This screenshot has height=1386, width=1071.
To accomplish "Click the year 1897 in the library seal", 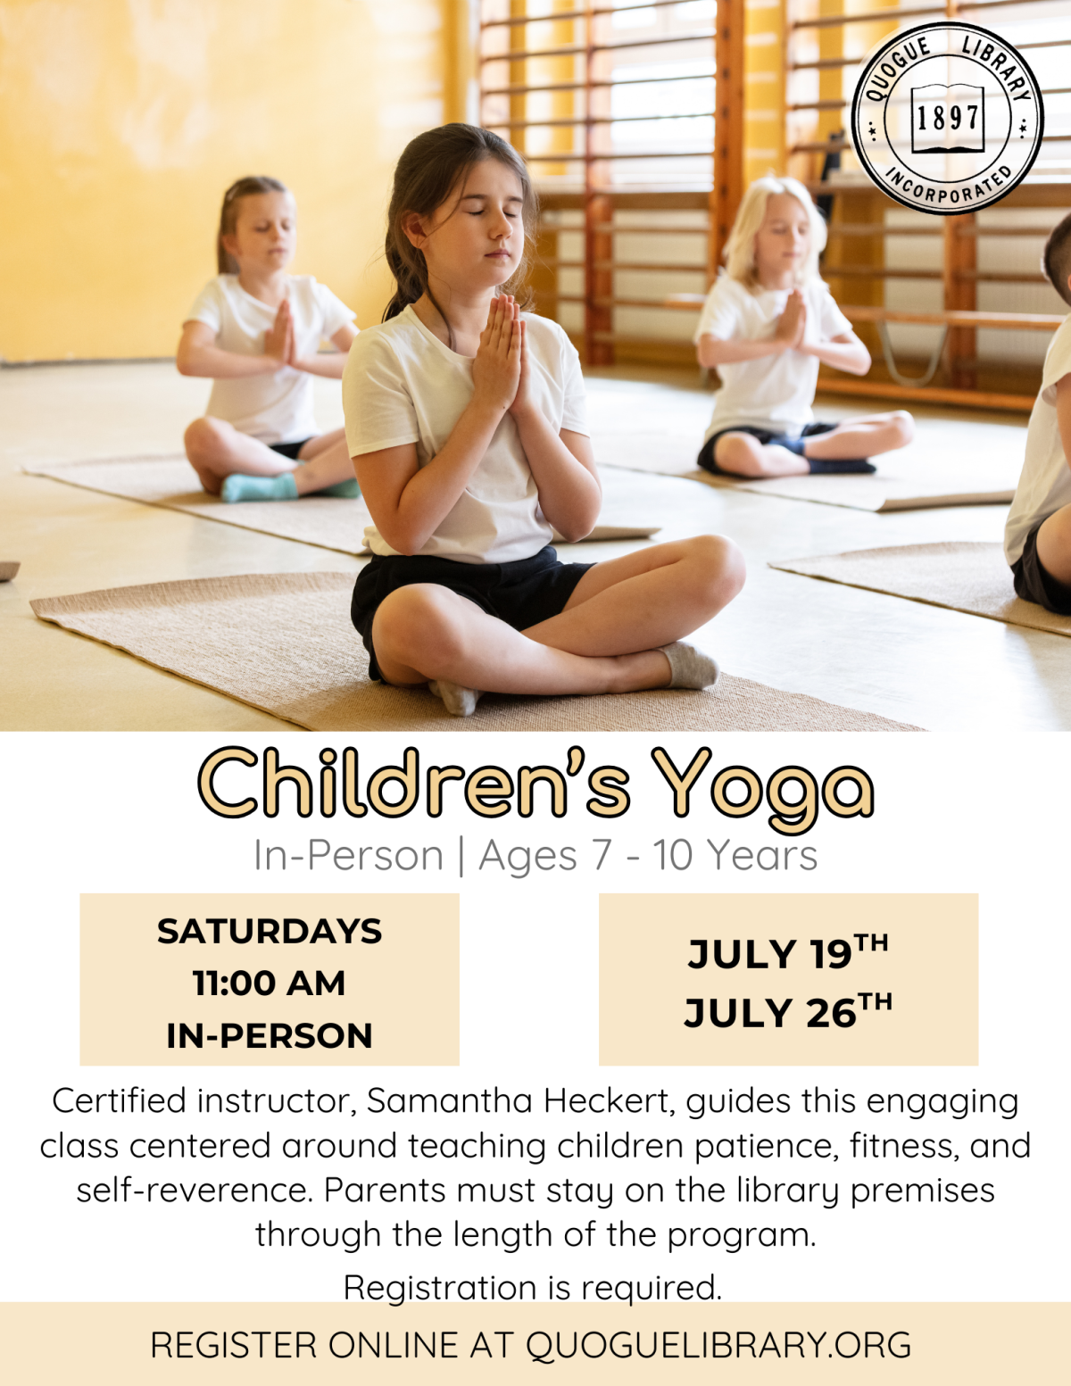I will [x=947, y=116].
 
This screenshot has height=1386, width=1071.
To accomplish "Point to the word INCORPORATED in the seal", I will [x=949, y=186].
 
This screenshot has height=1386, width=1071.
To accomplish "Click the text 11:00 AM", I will [x=269, y=983].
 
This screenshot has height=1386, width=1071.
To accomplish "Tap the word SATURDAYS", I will [x=269, y=931].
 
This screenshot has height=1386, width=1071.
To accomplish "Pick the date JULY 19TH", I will [x=787, y=952].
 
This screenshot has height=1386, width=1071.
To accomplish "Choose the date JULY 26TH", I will [x=787, y=1011].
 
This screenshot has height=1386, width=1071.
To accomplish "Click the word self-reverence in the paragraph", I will [x=195, y=1191].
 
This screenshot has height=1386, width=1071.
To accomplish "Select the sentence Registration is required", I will [x=533, y=1288].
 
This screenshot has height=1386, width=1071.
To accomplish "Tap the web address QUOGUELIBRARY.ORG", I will [x=718, y=1345].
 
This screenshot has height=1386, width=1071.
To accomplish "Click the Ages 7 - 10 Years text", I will [x=648, y=855].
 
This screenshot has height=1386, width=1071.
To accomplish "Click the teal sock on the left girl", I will [x=258, y=487].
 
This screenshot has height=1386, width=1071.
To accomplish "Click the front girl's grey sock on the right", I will [x=693, y=666].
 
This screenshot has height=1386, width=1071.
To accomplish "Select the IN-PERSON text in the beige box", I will [x=269, y=1035].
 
